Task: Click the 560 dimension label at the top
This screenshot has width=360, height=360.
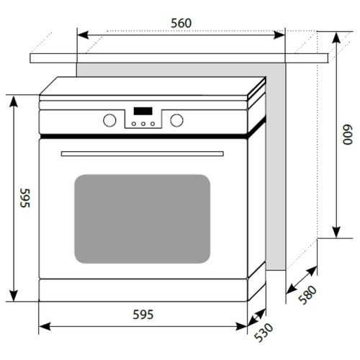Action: pos(181,23)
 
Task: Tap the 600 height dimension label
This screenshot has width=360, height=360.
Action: pos(348,135)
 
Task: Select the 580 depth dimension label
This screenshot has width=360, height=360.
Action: pos(307,295)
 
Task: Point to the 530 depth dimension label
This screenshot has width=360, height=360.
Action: pos(264,333)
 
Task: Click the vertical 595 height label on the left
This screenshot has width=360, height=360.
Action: pos(25,198)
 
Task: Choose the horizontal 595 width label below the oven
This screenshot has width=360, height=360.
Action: pos(143,315)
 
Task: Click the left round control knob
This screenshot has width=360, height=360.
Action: pos(109,120)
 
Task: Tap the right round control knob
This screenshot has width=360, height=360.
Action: pos(176,120)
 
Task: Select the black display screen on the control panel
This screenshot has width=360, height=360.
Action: pos(143,111)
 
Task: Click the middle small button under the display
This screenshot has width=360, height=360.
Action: pos(143,124)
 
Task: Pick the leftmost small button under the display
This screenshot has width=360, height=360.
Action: pos(134,124)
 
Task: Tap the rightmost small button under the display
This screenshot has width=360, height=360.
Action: pos(153,124)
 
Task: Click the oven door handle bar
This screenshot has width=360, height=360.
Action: pos(143,153)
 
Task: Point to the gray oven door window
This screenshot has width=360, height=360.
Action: pos(143,219)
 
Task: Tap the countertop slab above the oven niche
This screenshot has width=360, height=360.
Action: pos(179,58)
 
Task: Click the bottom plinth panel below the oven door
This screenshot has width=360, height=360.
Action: pos(143,290)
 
